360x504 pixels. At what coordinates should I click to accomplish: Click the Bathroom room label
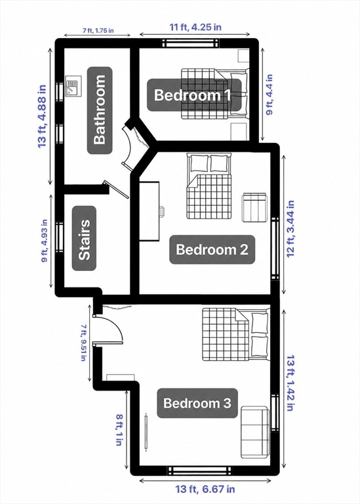tap(100, 110)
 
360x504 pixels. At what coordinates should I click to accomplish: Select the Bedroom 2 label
tap(212, 249)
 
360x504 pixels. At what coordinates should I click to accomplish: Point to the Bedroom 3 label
tap(197, 403)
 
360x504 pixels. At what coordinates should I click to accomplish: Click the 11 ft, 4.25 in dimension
tap(195, 27)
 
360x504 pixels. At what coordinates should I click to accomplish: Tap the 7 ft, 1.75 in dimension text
tap(98, 31)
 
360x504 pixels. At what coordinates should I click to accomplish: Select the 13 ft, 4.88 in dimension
tap(43, 116)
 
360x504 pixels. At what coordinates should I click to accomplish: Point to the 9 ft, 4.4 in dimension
tap(270, 94)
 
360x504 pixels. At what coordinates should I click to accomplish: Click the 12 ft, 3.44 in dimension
tap(290, 229)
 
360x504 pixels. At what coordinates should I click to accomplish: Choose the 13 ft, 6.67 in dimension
tap(205, 489)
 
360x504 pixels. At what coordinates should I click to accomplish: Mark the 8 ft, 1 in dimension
tap(119, 430)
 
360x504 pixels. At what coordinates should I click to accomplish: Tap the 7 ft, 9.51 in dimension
tap(83, 343)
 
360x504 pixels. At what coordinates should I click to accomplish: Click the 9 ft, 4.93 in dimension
tap(45, 241)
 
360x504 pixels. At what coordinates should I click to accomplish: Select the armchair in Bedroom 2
tap(254, 207)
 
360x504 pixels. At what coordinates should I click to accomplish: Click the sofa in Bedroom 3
tap(254, 432)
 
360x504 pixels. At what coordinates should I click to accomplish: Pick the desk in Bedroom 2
tap(150, 211)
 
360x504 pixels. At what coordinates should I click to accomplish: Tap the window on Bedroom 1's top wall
tap(190, 43)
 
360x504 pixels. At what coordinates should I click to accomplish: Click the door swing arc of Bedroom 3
tap(113, 324)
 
